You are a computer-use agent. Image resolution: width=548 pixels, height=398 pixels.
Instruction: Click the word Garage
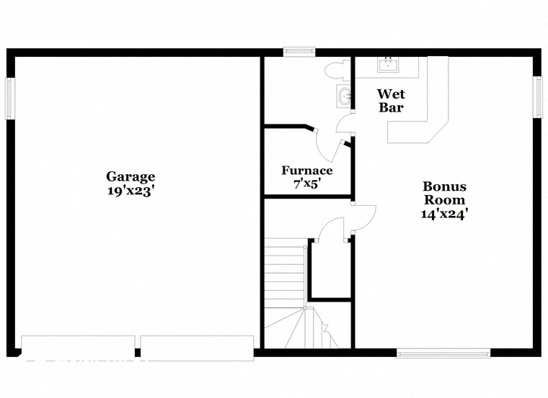pyautogui.click(x=131, y=176)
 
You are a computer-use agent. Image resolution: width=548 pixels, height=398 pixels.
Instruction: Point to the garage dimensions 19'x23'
pyautogui.click(x=131, y=191)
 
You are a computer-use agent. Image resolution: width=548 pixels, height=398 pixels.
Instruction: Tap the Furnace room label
pyautogui.click(x=307, y=171)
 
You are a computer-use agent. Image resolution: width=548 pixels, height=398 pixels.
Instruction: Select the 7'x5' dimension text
pyautogui.click(x=307, y=184)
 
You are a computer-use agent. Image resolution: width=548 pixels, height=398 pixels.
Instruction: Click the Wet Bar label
pyautogui.click(x=392, y=101)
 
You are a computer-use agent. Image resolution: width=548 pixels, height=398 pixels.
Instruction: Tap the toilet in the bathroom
pyautogui.click(x=336, y=70)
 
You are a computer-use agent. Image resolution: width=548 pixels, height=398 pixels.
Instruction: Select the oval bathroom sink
pyautogui.click(x=345, y=95)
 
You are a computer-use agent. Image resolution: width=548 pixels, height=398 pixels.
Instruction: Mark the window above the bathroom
pyautogui.click(x=299, y=51)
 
